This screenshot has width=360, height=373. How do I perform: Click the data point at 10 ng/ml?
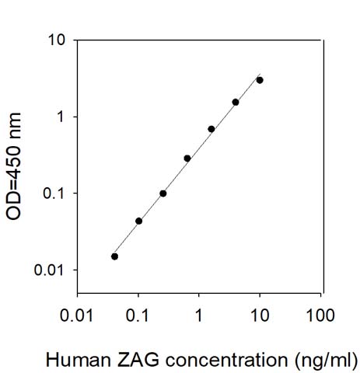(260, 80)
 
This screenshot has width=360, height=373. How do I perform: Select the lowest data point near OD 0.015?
(114, 256)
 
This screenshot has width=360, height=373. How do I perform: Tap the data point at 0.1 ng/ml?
(138, 221)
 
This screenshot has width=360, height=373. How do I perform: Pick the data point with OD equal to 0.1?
(163, 193)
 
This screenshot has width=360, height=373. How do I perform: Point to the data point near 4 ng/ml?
(236, 103)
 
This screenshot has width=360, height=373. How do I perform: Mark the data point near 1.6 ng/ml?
(211, 129)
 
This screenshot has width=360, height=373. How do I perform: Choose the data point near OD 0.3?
(187, 159)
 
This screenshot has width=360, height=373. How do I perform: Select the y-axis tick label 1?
(60, 117)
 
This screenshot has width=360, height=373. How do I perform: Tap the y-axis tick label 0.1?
(54, 193)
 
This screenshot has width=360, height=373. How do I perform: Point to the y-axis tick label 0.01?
(49, 270)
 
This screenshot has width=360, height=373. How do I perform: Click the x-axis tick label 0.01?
(76, 315)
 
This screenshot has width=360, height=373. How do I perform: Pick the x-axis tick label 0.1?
(138, 315)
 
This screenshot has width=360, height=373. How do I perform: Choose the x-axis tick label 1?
(198, 315)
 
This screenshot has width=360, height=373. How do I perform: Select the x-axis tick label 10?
(260, 315)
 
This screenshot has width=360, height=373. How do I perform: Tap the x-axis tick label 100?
(320, 315)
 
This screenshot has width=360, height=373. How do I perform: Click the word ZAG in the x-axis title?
(138, 360)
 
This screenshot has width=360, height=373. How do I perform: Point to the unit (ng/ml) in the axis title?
(326, 361)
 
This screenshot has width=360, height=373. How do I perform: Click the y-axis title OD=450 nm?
(13, 166)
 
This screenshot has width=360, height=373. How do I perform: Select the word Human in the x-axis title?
(79, 360)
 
